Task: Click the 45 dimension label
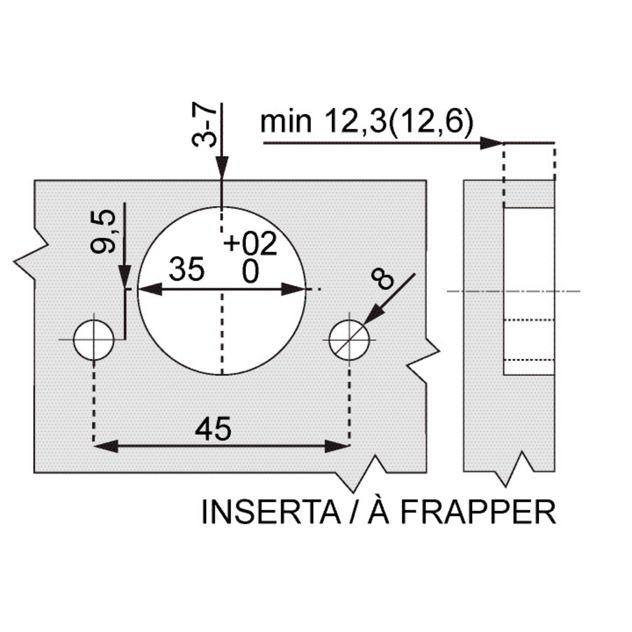pos(213,429)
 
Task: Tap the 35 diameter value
pos(187,269)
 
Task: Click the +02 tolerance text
pos(250,243)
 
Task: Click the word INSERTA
pos(271,512)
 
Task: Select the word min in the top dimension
pos(286,122)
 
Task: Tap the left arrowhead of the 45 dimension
pos(106,446)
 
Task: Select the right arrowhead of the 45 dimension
pos(337,446)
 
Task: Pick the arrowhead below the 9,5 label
pos(125,276)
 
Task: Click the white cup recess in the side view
pos(529,291)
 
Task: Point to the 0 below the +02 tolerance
pos(250,272)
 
